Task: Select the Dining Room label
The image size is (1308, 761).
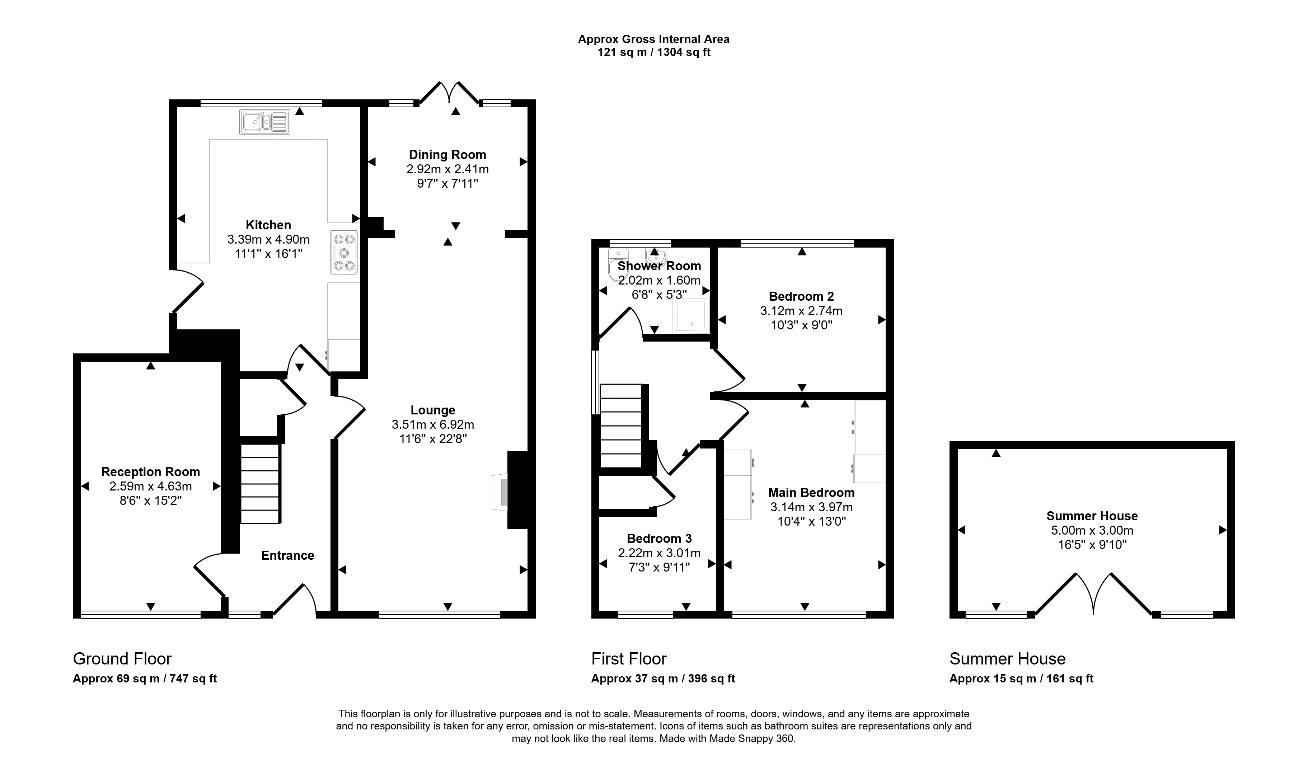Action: coord(447,155)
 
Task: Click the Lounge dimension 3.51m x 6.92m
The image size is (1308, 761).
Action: coord(433,424)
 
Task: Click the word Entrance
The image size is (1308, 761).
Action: coord(287,555)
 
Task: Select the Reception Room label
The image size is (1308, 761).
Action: coord(150,472)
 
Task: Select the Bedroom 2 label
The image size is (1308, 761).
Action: coord(801,296)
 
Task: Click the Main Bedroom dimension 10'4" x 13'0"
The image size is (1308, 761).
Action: coord(812,521)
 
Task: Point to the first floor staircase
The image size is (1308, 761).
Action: coord(621,426)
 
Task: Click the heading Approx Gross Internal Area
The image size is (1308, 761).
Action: coord(653,39)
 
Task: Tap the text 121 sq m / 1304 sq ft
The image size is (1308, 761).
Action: coord(654,52)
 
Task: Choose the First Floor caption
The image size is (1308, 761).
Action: coord(629,659)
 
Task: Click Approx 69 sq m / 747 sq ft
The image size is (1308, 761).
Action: coord(145,678)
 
